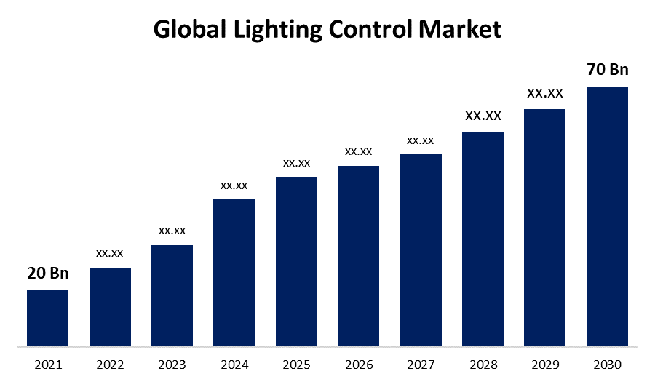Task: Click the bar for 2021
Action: [x=48, y=318]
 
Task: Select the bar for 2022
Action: [x=110, y=306]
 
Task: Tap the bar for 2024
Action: [x=234, y=272]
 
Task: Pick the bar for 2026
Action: [x=358, y=255]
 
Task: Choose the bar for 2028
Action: [x=483, y=239]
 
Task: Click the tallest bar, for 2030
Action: [x=607, y=216]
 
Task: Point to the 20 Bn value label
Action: [x=48, y=274]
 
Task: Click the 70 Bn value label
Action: [x=607, y=70]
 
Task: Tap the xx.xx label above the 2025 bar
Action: [x=296, y=163]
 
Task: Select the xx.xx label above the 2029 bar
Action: [x=545, y=93]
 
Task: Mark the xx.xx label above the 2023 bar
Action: [x=172, y=231]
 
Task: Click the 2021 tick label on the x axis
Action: [x=48, y=363]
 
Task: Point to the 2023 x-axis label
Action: [x=172, y=363]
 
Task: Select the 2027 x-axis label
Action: [x=421, y=363]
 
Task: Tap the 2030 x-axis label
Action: [x=607, y=363]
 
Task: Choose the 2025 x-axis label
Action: [x=296, y=363]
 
